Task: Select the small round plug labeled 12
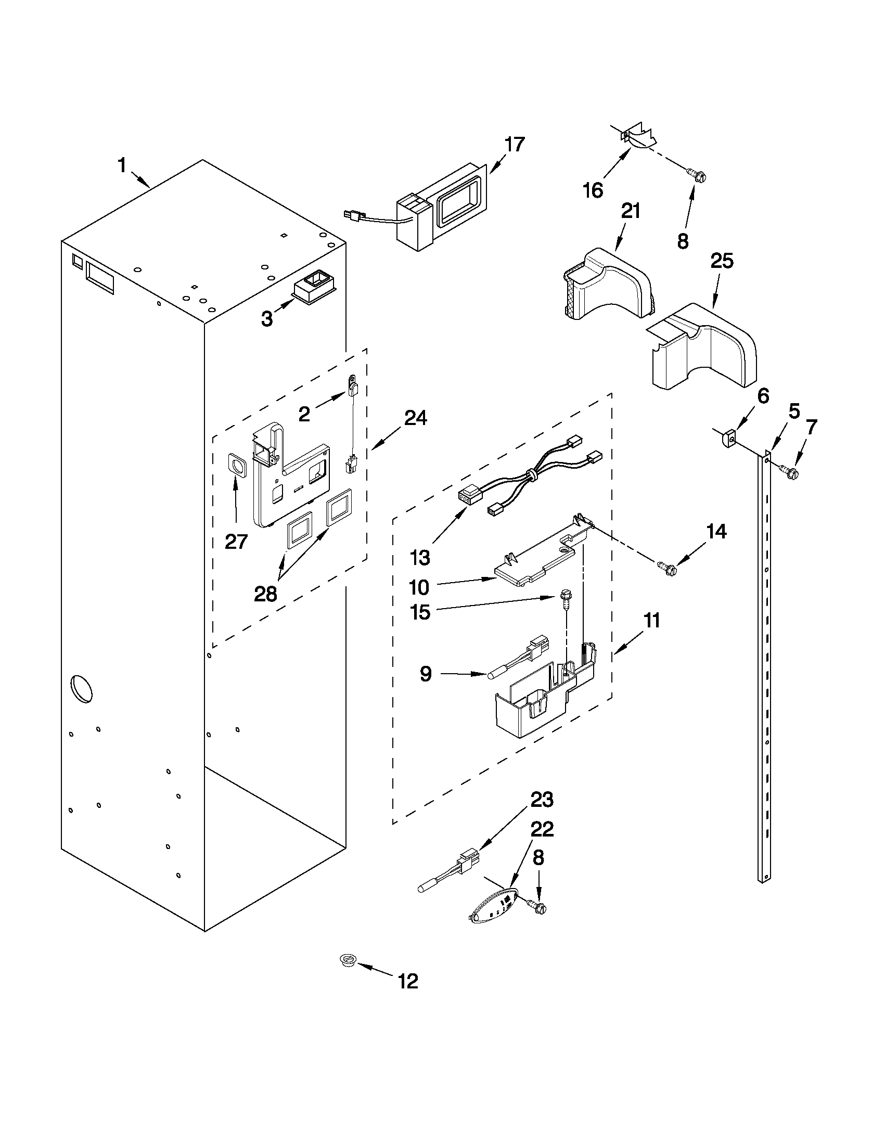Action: pyautogui.click(x=347, y=960)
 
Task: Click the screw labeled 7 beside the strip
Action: pyautogui.click(x=789, y=471)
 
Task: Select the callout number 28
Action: pyautogui.click(x=265, y=595)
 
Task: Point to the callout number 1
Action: pyautogui.click(x=122, y=166)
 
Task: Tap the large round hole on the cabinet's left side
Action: pyautogui.click(x=82, y=689)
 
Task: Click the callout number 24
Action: pyautogui.click(x=415, y=418)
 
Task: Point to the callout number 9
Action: pyautogui.click(x=426, y=674)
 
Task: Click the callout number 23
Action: pyautogui.click(x=542, y=800)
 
